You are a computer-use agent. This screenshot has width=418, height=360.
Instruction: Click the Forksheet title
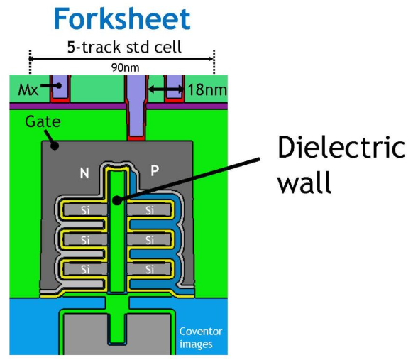click(x=122, y=18)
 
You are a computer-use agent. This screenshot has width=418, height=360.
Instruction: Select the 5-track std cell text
click(x=124, y=47)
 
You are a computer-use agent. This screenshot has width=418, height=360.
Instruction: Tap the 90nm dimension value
click(x=125, y=67)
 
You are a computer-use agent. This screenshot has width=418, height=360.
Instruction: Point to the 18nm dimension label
click(x=207, y=89)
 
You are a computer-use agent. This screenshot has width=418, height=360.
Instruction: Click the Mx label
click(x=28, y=90)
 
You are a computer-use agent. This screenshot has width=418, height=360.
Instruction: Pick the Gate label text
click(x=43, y=121)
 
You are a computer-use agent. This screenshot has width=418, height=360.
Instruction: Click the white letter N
click(x=84, y=173)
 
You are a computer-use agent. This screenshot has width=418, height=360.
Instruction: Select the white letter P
click(x=155, y=170)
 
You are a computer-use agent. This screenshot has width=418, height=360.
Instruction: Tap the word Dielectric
click(x=341, y=147)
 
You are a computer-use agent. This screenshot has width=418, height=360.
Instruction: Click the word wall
click(x=304, y=182)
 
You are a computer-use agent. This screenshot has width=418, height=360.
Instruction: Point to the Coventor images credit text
click(x=200, y=337)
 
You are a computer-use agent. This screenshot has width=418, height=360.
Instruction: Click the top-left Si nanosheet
click(x=85, y=210)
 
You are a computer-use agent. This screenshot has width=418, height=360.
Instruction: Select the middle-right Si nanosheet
click(x=149, y=240)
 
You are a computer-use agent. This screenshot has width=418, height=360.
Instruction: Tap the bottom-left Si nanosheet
click(x=85, y=270)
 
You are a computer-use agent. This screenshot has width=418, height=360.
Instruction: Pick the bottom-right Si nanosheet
click(x=149, y=270)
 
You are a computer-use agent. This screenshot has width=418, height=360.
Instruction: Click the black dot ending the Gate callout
click(x=55, y=146)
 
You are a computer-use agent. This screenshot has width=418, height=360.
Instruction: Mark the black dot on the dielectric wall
click(x=117, y=200)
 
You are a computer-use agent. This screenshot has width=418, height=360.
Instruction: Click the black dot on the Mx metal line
click(x=59, y=86)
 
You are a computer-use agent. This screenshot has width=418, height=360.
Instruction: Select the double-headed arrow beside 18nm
click(x=166, y=89)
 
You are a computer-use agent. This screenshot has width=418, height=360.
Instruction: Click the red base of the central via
click(x=136, y=138)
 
